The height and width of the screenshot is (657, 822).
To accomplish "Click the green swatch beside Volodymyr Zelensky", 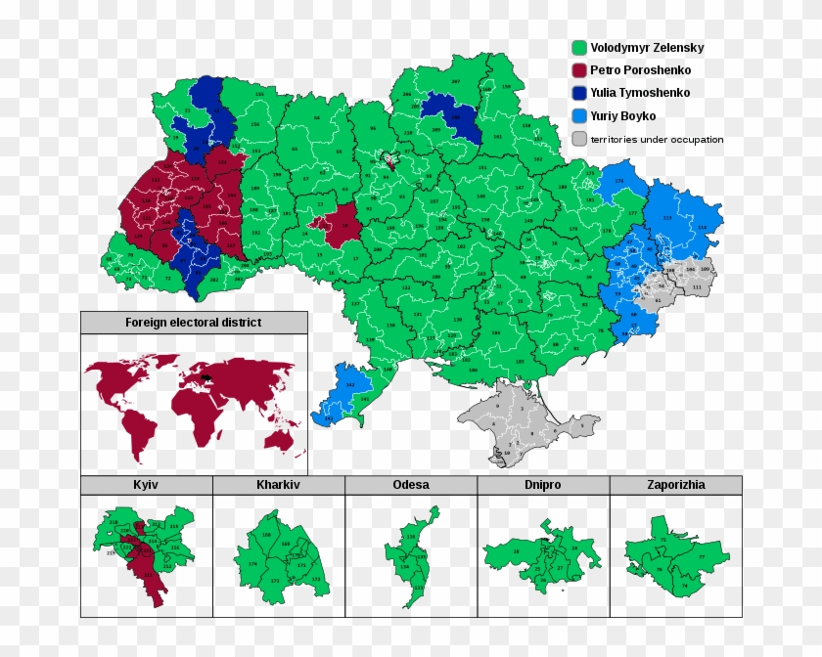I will click(x=579, y=48).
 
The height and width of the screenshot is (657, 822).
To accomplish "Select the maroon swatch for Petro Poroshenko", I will click(x=579, y=70).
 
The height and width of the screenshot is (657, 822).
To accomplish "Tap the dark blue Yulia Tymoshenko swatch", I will click(x=579, y=93).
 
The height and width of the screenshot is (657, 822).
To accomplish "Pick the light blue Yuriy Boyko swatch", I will click(x=579, y=116).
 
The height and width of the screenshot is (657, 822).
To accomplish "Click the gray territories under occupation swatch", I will click(x=579, y=139).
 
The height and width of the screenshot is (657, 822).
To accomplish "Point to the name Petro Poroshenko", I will click(x=640, y=70).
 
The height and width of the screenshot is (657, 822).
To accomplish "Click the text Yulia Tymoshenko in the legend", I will click(x=640, y=93).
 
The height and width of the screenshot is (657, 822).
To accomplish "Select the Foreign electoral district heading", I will click(x=193, y=323).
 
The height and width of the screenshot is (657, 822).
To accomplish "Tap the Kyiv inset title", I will click(x=146, y=485).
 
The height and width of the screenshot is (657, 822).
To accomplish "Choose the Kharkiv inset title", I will click(x=278, y=485).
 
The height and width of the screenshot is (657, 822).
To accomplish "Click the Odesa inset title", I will click(x=411, y=485).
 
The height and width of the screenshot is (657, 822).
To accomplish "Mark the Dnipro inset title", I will click(x=543, y=485).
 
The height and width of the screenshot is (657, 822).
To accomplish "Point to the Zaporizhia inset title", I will click(x=675, y=485).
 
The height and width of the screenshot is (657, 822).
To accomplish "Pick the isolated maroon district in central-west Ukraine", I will click(x=334, y=226).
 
